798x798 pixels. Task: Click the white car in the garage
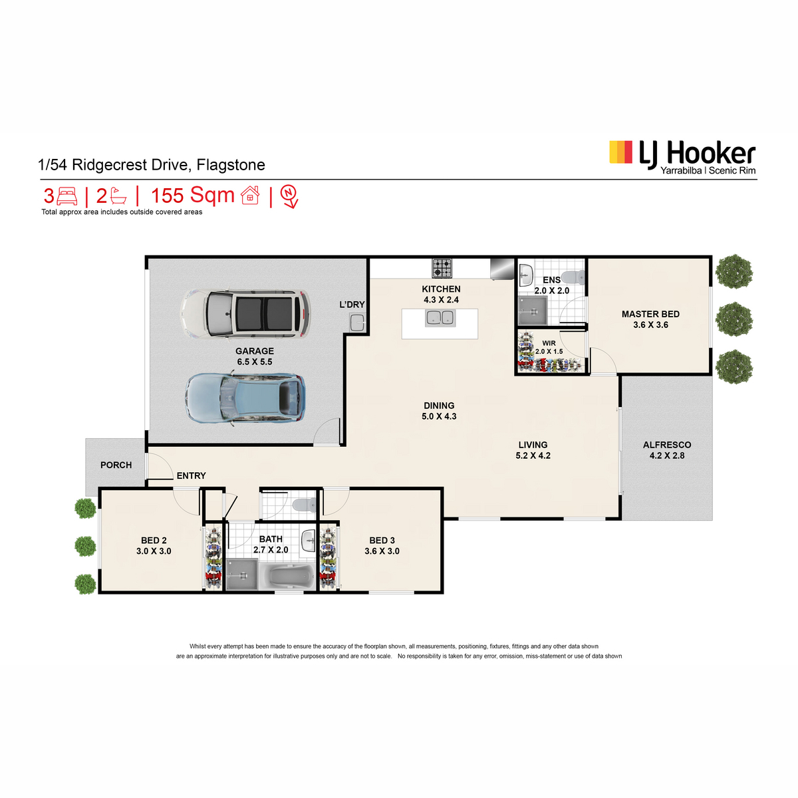[x=245, y=314]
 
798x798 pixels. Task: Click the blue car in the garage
[x=245, y=398]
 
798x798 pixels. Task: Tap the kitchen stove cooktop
[x=442, y=268]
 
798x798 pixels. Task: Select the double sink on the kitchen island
[x=440, y=318]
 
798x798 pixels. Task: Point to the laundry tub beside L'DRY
[x=357, y=323]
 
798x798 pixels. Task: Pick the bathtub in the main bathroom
[x=291, y=575]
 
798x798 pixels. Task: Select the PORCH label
[x=116, y=465]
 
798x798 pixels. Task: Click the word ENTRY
[x=191, y=475]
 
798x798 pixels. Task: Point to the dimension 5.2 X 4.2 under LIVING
[x=533, y=456]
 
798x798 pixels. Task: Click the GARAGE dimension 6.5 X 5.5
[x=254, y=362]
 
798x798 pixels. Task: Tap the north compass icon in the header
[x=289, y=196]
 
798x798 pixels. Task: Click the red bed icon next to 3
[x=67, y=196]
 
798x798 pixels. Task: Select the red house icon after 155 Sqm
[x=250, y=195]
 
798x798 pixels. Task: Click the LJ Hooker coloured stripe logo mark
[x=620, y=152]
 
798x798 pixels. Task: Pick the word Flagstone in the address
[x=231, y=165]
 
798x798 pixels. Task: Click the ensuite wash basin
[x=526, y=275]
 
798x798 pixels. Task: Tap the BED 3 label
[x=382, y=541]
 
